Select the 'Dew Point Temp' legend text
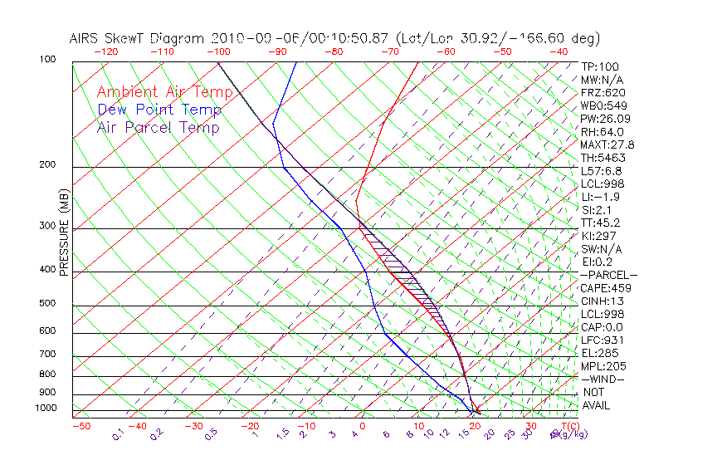(x=159, y=110)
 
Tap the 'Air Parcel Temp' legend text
(x=159, y=127)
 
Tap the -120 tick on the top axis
(x=105, y=51)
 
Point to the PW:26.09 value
(x=603, y=119)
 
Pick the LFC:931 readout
(x=602, y=340)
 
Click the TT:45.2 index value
(x=601, y=223)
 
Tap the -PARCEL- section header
(x=608, y=275)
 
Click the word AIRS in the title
(x=85, y=38)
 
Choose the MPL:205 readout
(x=603, y=366)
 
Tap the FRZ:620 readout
(x=603, y=92)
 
